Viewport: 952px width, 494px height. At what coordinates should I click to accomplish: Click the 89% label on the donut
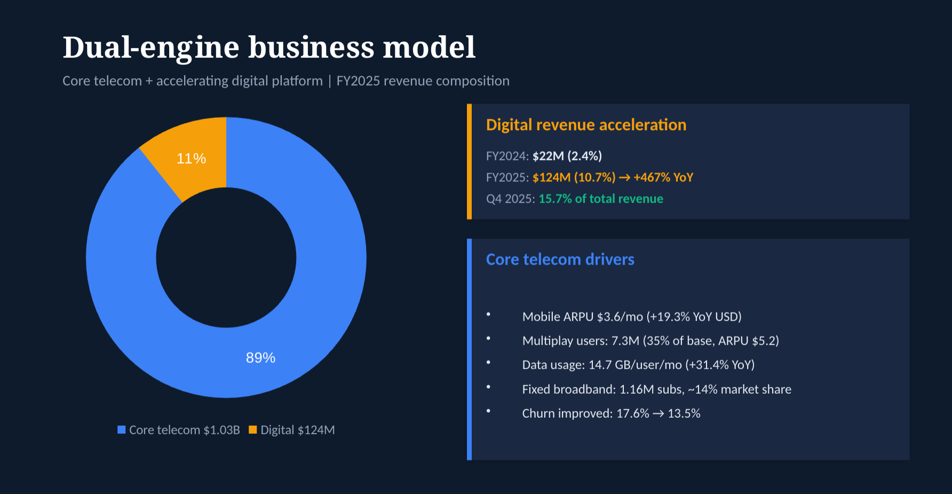pos(260,358)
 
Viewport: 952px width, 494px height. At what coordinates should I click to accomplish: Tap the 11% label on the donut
pos(191,158)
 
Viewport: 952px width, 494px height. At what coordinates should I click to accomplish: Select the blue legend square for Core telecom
pos(122,430)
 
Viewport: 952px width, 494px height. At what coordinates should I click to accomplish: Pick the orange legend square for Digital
pos(253,430)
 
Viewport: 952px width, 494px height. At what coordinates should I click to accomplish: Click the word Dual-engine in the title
pos(151,47)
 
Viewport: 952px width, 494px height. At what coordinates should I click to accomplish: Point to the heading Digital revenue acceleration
pos(586,125)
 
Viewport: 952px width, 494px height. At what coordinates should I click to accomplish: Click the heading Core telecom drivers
pos(560,259)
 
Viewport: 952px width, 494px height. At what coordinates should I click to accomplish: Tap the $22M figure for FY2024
pos(548,156)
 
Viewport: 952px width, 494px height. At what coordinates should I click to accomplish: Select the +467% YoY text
pos(663,178)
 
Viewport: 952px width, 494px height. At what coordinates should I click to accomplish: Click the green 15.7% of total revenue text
pos(601,199)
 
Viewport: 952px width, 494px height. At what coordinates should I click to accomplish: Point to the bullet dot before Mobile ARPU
pos(488,315)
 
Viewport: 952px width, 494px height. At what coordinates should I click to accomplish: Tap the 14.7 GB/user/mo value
pos(635,365)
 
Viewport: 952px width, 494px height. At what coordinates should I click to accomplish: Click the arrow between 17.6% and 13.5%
pos(659,413)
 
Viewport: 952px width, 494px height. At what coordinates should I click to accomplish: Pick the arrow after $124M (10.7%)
pos(624,178)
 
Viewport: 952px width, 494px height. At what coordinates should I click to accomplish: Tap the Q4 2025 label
pos(510,199)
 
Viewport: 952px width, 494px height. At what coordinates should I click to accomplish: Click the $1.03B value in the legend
pos(221,430)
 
